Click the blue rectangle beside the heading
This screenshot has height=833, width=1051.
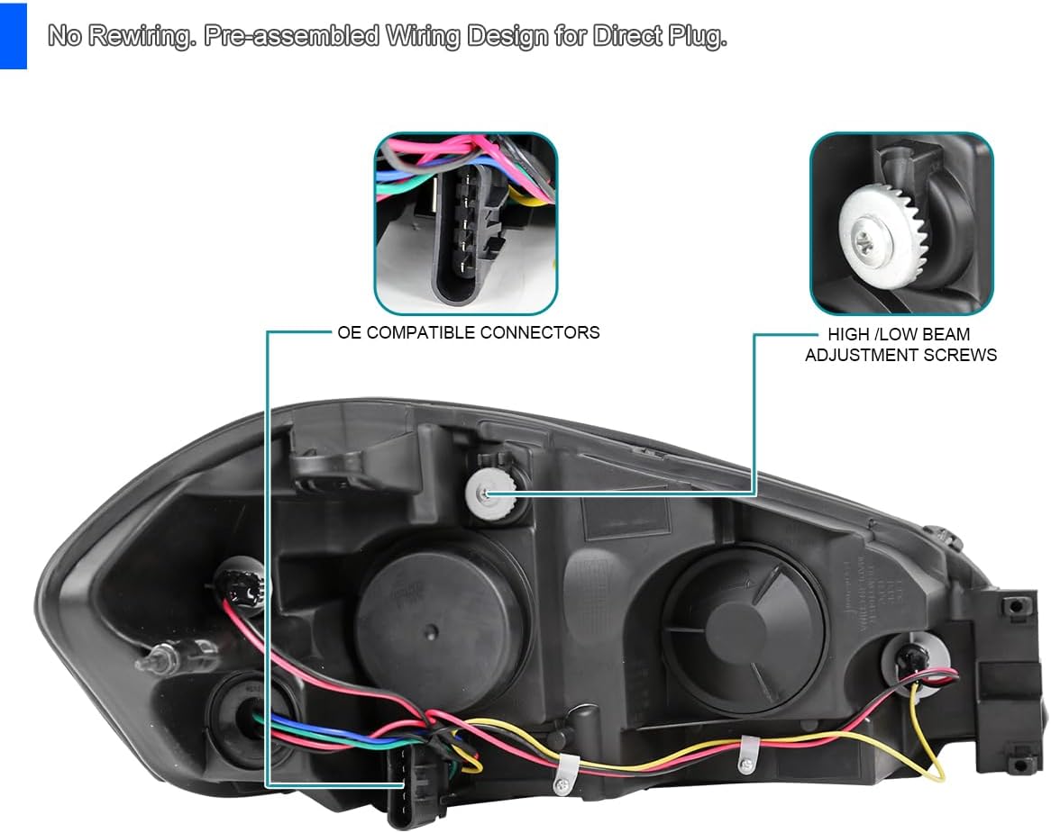pos(13,35)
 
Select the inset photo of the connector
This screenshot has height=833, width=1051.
pos(466,223)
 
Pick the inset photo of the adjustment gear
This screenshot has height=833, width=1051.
pos(901,223)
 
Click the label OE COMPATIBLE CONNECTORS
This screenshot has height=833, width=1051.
pos(468,332)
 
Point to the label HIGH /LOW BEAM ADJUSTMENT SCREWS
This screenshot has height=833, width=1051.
pos(900,345)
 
